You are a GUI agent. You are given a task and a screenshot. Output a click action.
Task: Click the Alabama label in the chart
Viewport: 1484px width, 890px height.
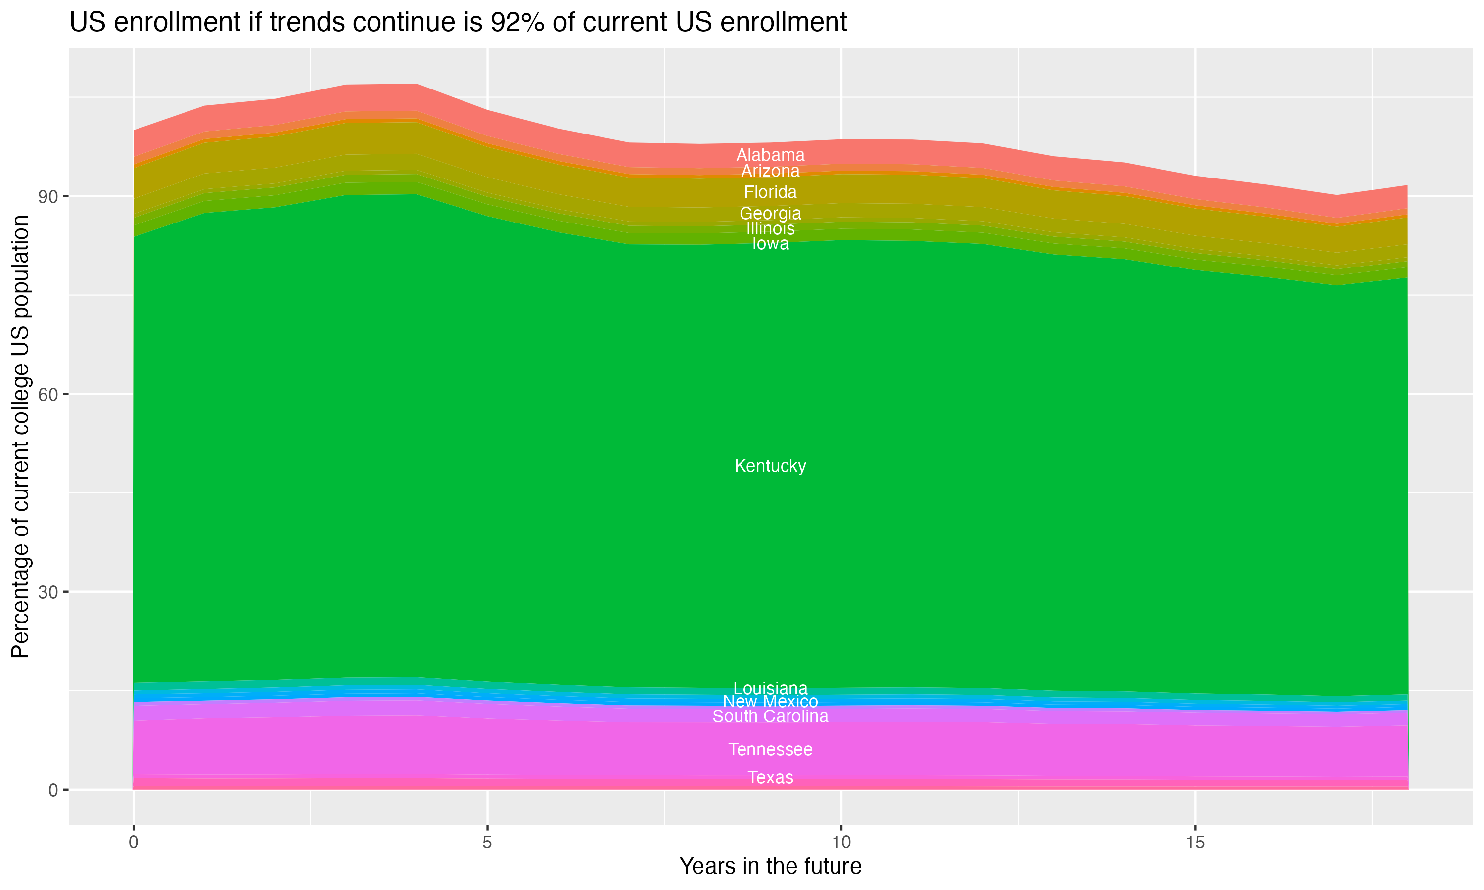[770, 155]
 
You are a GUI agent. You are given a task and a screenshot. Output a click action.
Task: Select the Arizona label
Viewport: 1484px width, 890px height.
[770, 172]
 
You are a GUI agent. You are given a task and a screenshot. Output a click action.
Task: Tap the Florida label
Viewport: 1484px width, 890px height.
[770, 192]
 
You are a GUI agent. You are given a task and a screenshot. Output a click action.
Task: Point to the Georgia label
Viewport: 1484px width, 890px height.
[770, 214]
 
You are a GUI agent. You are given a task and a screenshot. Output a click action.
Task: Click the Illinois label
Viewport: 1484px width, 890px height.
[770, 229]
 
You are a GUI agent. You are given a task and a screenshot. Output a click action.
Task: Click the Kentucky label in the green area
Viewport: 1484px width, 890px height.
[770, 466]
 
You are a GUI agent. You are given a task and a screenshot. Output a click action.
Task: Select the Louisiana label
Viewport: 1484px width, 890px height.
[770, 688]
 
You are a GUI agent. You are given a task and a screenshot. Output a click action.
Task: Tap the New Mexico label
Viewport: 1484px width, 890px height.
[770, 701]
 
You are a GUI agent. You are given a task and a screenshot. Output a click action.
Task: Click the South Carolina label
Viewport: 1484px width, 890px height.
[770, 716]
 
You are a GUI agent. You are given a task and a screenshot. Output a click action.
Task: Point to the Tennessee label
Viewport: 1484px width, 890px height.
[770, 749]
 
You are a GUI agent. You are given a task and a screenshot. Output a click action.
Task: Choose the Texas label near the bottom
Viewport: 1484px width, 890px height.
[770, 777]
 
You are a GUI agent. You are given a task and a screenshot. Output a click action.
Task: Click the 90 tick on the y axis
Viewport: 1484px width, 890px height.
[48, 197]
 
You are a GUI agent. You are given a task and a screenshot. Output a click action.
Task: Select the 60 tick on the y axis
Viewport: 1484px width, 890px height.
[48, 395]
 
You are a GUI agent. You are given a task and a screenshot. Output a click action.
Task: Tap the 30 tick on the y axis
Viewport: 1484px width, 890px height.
[48, 592]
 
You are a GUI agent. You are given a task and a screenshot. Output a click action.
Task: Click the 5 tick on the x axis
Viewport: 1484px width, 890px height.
[487, 842]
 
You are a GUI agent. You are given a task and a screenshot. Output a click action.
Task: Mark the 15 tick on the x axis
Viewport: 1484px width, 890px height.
[1195, 842]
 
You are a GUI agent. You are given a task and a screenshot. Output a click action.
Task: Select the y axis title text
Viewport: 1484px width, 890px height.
[20, 436]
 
